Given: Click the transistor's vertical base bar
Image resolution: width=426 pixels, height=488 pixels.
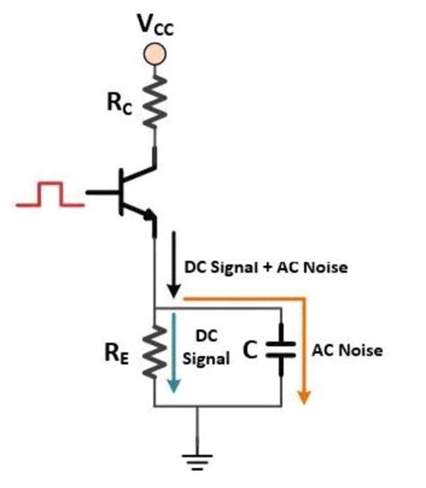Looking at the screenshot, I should point(122,194).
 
